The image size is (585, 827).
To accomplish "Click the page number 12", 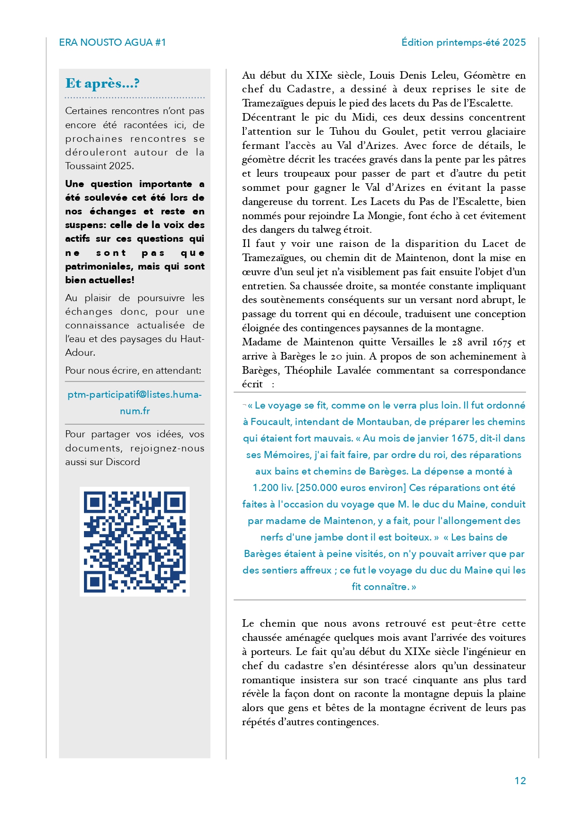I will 520,781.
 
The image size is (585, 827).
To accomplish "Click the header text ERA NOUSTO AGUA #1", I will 112,42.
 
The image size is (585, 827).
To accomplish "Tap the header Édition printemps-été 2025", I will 463,42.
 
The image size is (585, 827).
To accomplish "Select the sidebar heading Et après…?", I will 102,83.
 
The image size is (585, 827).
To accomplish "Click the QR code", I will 134,541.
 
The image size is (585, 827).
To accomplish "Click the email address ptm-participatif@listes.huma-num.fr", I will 134,402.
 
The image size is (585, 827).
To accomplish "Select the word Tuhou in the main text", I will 344,131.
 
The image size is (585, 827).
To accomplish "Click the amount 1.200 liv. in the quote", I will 273,488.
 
